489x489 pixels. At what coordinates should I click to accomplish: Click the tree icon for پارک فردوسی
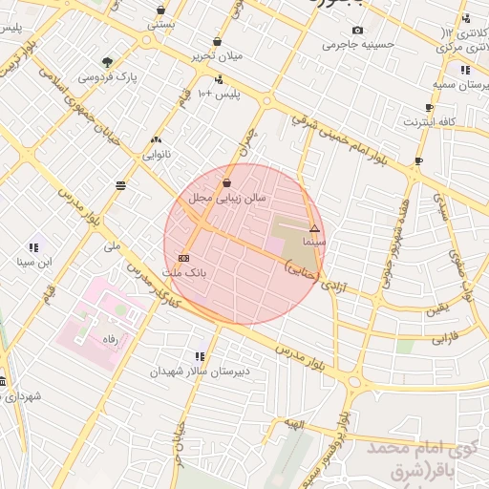[106, 62]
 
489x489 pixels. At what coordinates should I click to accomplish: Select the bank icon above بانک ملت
[184, 258]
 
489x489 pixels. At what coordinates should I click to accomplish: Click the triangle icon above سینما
[314, 228]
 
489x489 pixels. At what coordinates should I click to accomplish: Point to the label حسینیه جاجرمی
[354, 44]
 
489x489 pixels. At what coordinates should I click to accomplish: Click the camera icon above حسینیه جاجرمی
[358, 30]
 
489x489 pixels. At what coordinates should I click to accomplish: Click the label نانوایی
[157, 153]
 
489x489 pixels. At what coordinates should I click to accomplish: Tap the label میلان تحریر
[217, 55]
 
